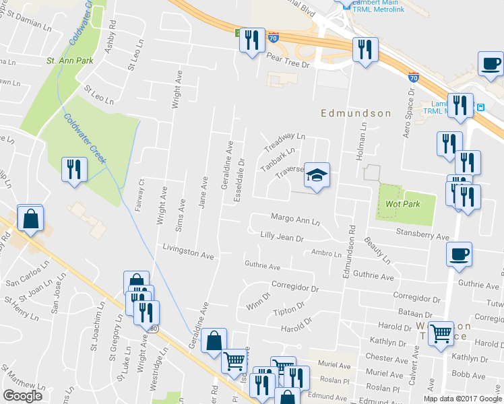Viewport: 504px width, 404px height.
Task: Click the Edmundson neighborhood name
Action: click(x=355, y=113)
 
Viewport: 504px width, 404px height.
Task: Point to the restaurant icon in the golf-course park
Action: click(x=73, y=169)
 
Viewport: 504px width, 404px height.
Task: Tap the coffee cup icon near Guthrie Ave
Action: click(x=459, y=255)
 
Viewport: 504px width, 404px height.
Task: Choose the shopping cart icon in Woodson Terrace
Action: click(x=441, y=333)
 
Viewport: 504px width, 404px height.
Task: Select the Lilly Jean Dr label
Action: click(x=282, y=237)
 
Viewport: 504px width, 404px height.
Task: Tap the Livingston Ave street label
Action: click(x=188, y=252)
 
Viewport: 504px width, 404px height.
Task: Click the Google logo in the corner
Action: click(x=23, y=396)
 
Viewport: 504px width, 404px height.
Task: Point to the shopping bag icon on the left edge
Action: click(x=30, y=219)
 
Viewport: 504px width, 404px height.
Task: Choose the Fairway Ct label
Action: click(x=141, y=195)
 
